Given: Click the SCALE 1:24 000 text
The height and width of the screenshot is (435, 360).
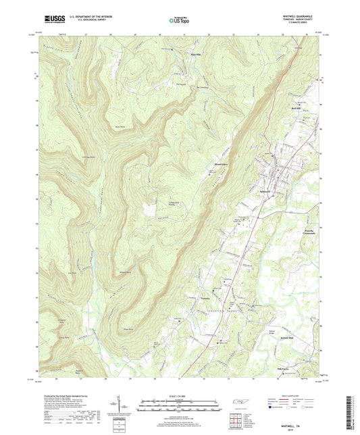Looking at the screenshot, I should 179,395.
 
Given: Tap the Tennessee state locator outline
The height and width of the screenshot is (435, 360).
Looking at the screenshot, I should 240,403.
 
